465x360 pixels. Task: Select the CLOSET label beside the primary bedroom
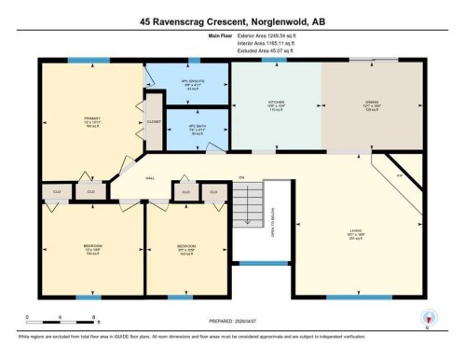[154, 121]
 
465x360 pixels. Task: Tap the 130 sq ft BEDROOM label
[91, 249]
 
